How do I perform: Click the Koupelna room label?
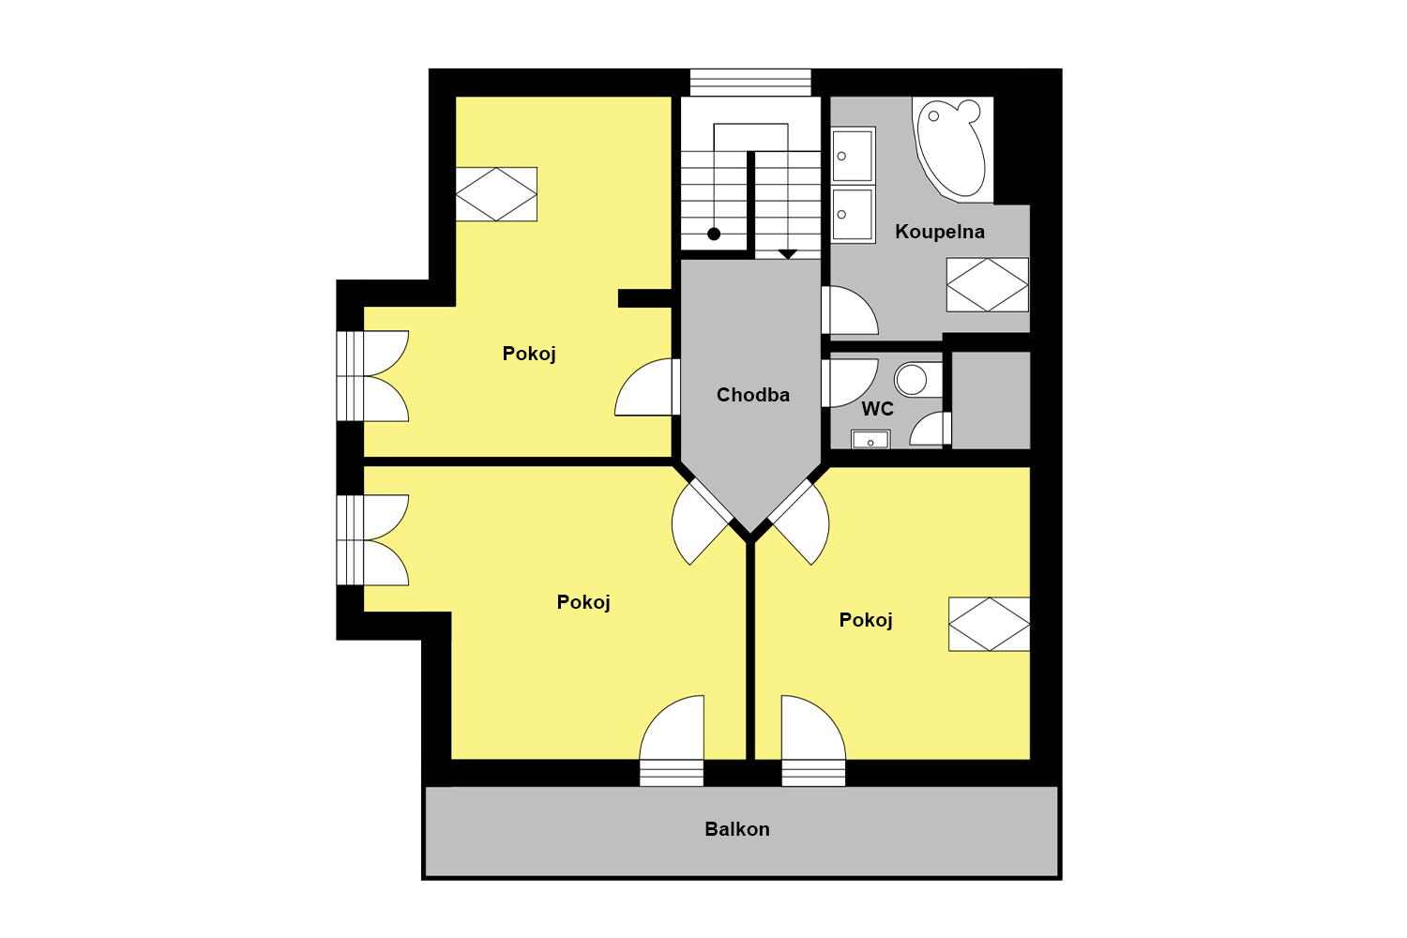[x=939, y=232]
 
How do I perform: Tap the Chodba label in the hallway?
[x=752, y=395]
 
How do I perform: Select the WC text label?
[x=877, y=409]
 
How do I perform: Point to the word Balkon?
[x=736, y=829]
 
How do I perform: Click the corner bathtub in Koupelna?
[x=952, y=149]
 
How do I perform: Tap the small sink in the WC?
[x=870, y=439]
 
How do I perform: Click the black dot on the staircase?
[x=714, y=234]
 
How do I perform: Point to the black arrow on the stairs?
[x=788, y=254]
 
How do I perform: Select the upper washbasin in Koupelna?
[x=853, y=155]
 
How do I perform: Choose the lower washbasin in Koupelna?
[x=853, y=214]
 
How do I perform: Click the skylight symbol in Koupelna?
[x=988, y=284]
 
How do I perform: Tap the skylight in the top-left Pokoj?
[x=496, y=194]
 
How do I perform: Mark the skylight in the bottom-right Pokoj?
[x=990, y=624]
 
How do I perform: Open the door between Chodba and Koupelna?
[x=848, y=310]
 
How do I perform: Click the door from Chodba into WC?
[x=848, y=383]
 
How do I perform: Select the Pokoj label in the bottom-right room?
[x=866, y=620]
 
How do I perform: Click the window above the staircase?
[x=750, y=83]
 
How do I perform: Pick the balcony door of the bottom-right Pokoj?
[x=813, y=740]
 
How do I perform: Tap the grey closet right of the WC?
[x=991, y=401]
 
